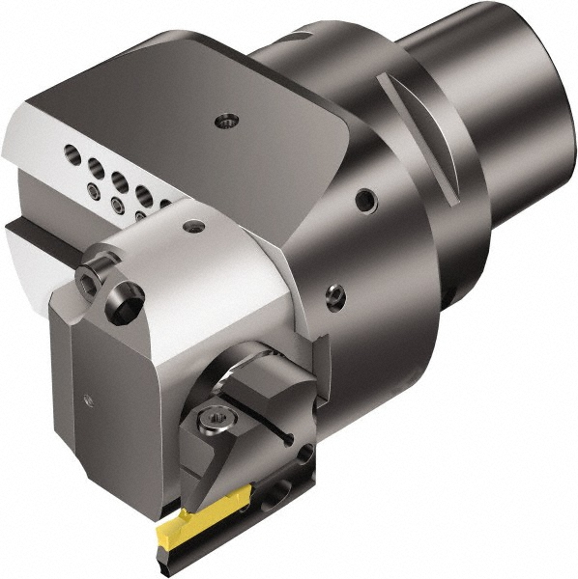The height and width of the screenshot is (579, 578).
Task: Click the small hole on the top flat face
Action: [225, 121]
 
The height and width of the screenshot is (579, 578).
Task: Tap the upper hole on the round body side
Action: [364, 201]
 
